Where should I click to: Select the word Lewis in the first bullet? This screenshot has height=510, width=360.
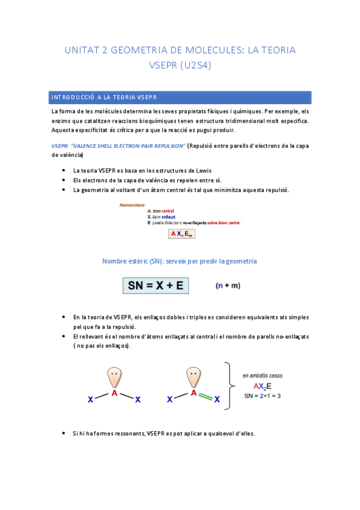point(203,171)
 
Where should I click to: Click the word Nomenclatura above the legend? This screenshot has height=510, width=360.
point(136,206)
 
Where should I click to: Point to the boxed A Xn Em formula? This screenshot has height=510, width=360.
point(182,233)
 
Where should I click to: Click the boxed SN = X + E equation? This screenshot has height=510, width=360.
point(156,286)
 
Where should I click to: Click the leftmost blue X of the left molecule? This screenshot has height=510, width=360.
point(90,399)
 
